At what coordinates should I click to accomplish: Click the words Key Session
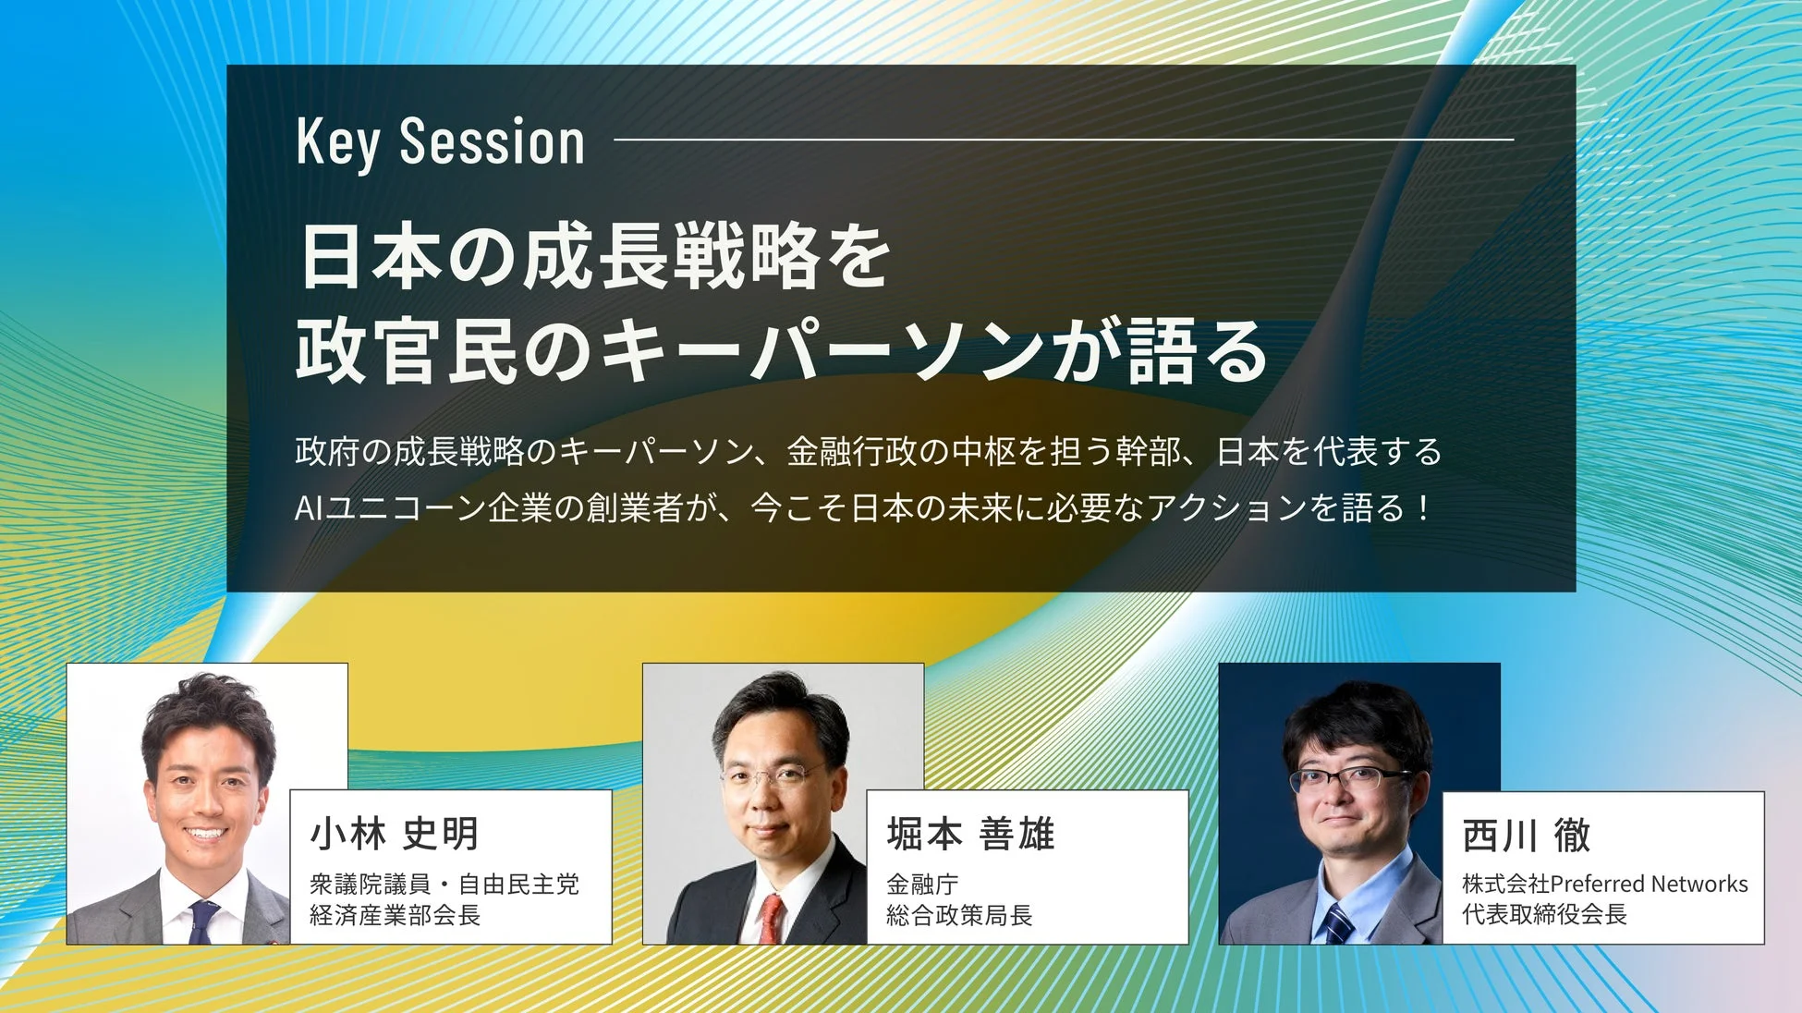[441, 143]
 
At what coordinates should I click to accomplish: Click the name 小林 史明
[395, 834]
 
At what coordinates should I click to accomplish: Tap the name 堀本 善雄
[970, 834]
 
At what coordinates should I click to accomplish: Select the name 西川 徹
[1526, 836]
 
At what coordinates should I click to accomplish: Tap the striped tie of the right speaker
[1337, 922]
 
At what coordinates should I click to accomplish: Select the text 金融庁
[921, 885]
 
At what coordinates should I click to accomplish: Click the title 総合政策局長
[958, 916]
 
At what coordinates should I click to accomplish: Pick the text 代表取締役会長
[1544, 915]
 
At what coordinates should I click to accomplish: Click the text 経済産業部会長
[395, 916]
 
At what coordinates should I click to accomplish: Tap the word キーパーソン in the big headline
[822, 351]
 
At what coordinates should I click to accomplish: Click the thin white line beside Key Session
[1063, 140]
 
